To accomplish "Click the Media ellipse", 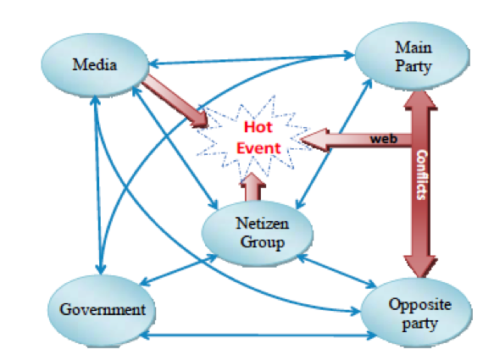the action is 95,64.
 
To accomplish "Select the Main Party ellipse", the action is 413,57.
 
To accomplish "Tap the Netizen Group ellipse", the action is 258,233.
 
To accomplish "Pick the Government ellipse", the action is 102,310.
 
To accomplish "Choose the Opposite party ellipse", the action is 417,313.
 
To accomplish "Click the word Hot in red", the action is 258,127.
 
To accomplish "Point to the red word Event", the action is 258,148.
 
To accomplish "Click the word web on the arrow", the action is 383,139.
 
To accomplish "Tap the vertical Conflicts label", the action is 422,174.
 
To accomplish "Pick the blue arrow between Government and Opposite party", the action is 258,335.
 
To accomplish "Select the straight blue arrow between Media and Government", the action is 98,186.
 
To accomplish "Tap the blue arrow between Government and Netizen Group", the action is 178,270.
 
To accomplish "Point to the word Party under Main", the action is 413,67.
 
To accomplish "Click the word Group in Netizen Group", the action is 262,242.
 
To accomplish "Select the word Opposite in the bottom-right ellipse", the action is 419,305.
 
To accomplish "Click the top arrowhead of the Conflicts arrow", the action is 420,100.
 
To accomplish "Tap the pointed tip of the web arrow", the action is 300,139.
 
